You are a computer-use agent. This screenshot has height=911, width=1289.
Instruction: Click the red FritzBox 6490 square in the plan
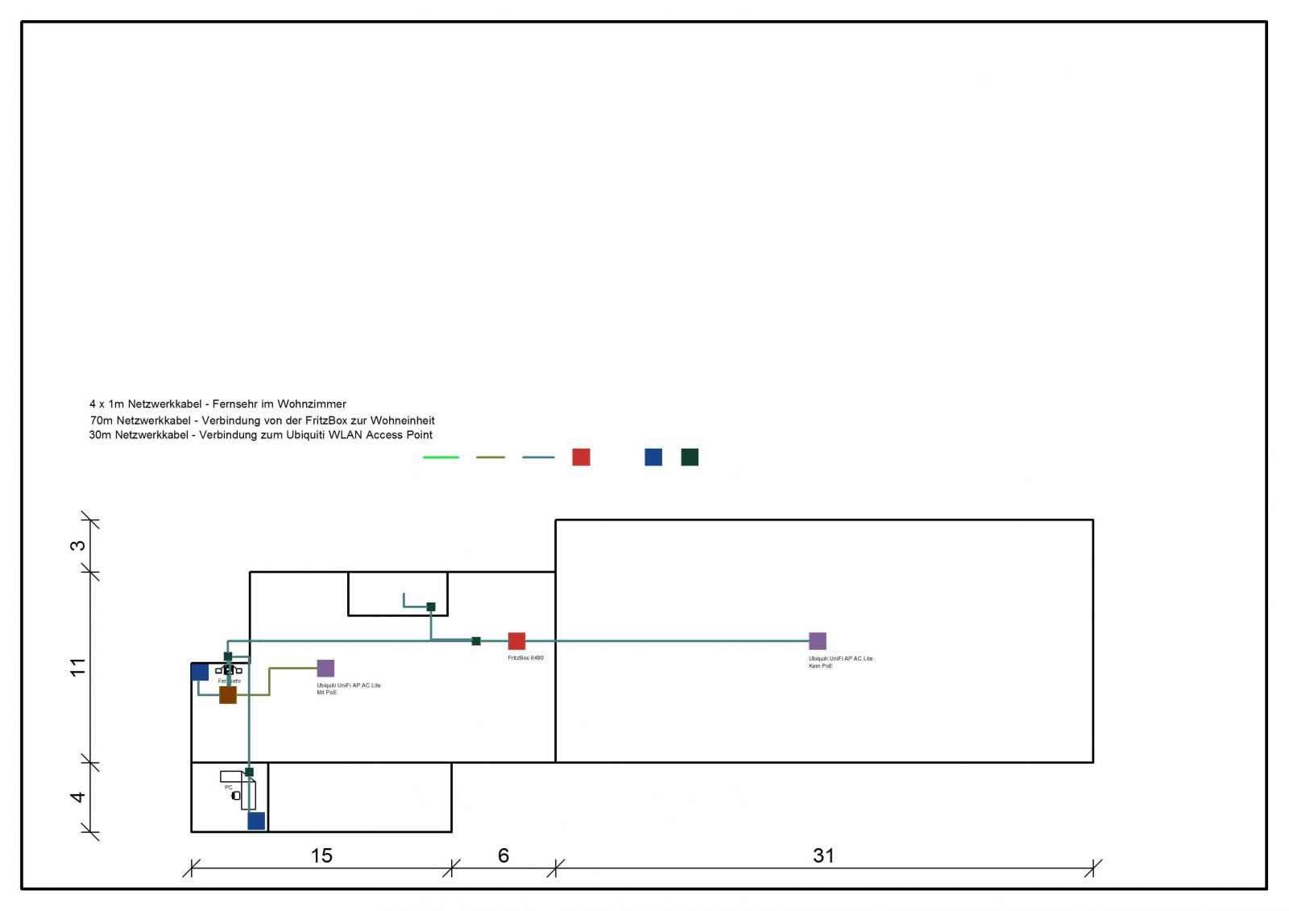coord(516,641)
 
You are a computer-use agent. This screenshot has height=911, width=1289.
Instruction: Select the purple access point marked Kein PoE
coord(817,641)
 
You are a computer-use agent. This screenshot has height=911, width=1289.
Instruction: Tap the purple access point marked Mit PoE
coord(325,668)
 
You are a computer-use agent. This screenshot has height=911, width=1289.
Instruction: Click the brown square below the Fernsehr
coord(228,694)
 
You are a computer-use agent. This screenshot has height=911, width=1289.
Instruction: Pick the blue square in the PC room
coord(256,821)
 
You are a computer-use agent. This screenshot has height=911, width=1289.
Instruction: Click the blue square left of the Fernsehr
coord(200,672)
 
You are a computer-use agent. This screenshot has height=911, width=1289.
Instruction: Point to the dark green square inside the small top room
coord(431,607)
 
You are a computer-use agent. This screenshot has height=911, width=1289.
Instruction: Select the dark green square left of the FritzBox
coord(476,641)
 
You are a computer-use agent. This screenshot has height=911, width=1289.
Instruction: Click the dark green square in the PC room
coord(249,772)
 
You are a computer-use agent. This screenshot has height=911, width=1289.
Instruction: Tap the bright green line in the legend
coord(441,458)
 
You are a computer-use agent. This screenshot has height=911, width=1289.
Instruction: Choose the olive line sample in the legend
coord(490,458)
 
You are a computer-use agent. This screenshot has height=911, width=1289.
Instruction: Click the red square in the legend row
coord(581,458)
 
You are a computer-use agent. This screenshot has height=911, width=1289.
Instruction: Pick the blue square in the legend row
coord(653,458)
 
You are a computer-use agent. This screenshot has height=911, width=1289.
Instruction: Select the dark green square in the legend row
coord(690,458)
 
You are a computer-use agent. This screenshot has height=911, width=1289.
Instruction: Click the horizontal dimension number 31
coord(823,855)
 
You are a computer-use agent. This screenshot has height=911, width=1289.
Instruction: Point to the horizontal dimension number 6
coord(504,855)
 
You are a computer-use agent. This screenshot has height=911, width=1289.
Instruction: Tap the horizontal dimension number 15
coord(321,855)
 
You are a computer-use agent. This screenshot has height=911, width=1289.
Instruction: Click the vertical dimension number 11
coord(77,667)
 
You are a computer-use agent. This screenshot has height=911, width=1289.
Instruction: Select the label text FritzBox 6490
coord(525,658)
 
